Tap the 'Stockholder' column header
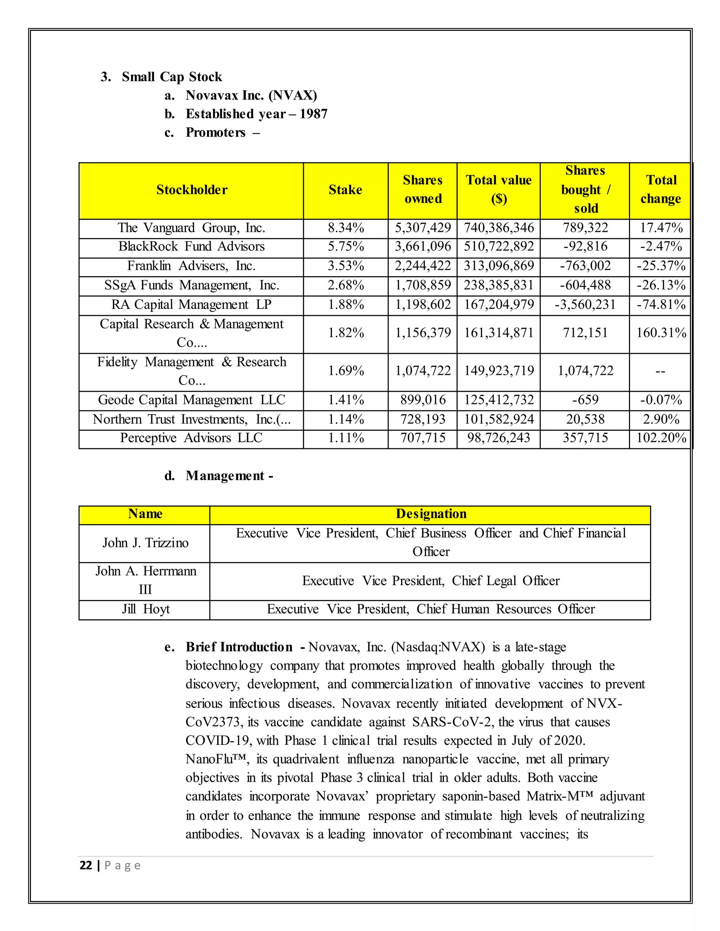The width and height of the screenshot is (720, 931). pos(192,190)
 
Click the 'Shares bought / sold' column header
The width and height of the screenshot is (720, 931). pos(585,189)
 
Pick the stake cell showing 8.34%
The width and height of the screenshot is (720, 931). pos(346,228)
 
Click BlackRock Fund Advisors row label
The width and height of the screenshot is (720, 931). pos(192,246)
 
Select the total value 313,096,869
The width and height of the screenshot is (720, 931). pos(499,266)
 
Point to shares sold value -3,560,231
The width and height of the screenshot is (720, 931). pos(585,305)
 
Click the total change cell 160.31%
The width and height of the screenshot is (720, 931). pos(661,333)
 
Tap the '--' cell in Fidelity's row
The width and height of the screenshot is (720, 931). pos(660,371)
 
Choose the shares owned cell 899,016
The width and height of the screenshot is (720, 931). pos(423,400)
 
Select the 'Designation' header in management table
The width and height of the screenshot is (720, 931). pos(431,514)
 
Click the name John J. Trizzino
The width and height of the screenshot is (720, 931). pos(146,543)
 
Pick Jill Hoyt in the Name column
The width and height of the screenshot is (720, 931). pos(146,609)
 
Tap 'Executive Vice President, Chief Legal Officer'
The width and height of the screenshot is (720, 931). pos(431,581)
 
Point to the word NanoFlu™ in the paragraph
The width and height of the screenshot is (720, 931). pos(216,759)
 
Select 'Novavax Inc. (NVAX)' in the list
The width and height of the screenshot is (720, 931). pos(251,96)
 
